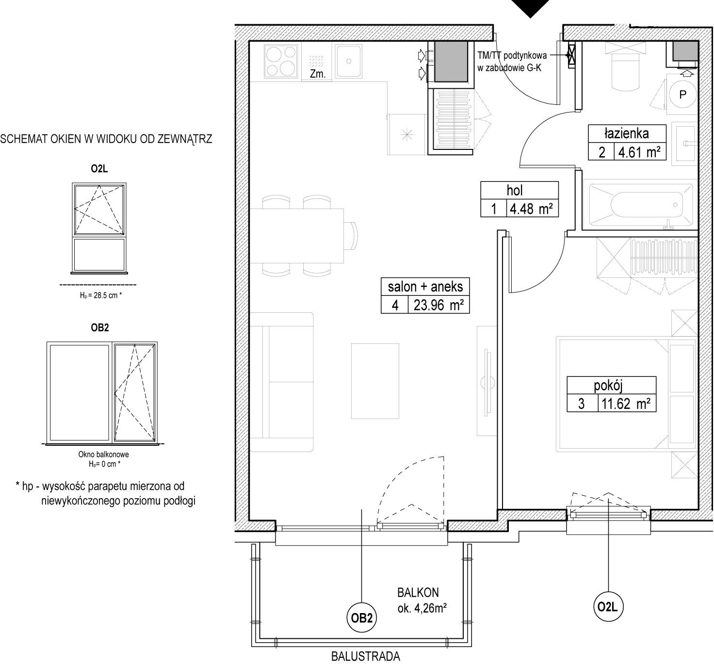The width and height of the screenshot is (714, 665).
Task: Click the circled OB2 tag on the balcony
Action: coord(362,617)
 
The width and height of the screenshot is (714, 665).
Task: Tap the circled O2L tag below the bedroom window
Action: coord(608,607)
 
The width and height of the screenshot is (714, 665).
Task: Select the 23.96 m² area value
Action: coord(438,305)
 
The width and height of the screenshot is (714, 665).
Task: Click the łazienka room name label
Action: coord(627,133)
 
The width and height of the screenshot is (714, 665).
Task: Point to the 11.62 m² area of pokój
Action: coord(626,404)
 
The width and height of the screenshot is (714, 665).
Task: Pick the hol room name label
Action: coord(515,190)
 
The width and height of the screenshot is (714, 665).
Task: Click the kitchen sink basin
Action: coord(348,61)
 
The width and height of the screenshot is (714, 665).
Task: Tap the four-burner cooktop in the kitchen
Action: coord(281,61)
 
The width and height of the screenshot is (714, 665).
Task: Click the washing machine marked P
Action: coord(682,95)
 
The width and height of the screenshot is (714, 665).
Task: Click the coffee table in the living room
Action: coord(375,381)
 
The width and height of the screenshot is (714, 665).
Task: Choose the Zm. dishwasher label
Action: coord(317,74)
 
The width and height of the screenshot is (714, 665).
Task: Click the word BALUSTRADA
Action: coord(365,656)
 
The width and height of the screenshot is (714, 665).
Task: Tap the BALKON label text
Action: coord(418,592)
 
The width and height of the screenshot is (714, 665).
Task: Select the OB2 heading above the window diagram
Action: coord(100,327)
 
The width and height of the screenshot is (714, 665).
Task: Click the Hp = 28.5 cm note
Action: coord(101,295)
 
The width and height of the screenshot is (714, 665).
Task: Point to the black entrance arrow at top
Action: coord(530,8)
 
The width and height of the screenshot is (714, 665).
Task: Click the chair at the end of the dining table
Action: coord(351,236)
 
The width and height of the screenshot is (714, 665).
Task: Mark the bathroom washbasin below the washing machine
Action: coord(684,144)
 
